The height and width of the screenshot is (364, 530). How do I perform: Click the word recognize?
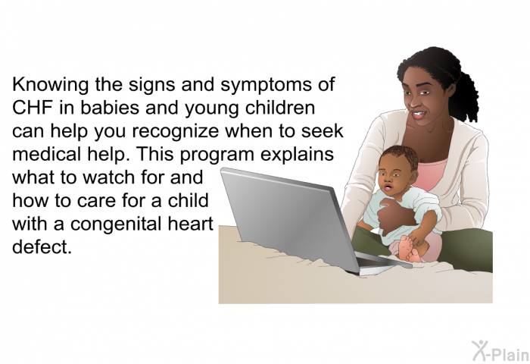[x=176, y=132]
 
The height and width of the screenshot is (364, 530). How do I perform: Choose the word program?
[x=217, y=155]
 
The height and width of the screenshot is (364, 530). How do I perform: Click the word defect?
[x=42, y=247]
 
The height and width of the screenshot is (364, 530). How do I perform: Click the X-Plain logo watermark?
[x=500, y=351]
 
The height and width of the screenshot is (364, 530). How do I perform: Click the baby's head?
[x=397, y=168]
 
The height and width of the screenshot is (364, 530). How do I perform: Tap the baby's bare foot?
[x=407, y=248]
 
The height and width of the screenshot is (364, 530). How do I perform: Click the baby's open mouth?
[x=388, y=187]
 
